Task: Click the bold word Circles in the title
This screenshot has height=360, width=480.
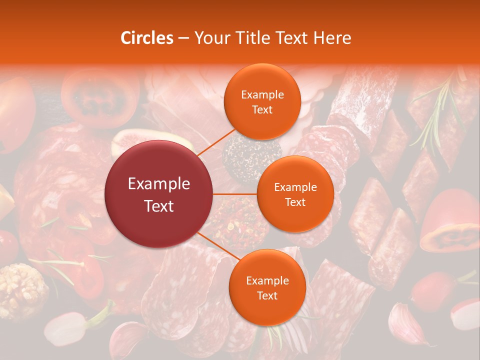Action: coord(146,38)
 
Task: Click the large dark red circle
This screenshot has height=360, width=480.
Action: coord(159,194)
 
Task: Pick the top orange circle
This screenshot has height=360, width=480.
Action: coord(262,102)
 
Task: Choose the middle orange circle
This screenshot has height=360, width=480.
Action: coord(295,194)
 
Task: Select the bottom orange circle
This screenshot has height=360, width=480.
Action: coord(267,287)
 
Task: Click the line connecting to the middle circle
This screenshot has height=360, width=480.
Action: coord(235,194)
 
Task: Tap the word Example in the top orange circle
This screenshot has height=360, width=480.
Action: coord(262,95)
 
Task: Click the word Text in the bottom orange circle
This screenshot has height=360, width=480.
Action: coord(267,295)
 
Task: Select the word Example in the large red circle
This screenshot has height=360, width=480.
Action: coord(159,184)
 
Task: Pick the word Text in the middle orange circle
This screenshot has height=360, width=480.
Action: coord(295,202)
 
